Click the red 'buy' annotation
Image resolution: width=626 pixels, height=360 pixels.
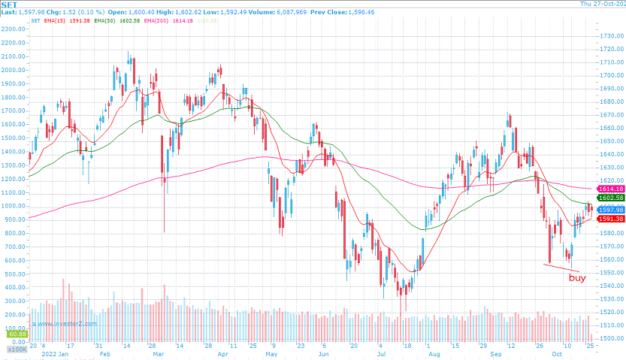pyautogui.click(x=577, y=278)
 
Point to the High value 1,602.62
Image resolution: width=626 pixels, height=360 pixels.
pyautogui.click(x=176, y=12)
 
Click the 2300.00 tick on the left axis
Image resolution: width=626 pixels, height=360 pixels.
pyautogui.click(x=14, y=29)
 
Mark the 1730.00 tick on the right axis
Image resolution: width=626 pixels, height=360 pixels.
pyautogui.click(x=610, y=36)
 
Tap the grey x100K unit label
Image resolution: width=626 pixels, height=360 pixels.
pyautogui.click(x=15, y=349)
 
